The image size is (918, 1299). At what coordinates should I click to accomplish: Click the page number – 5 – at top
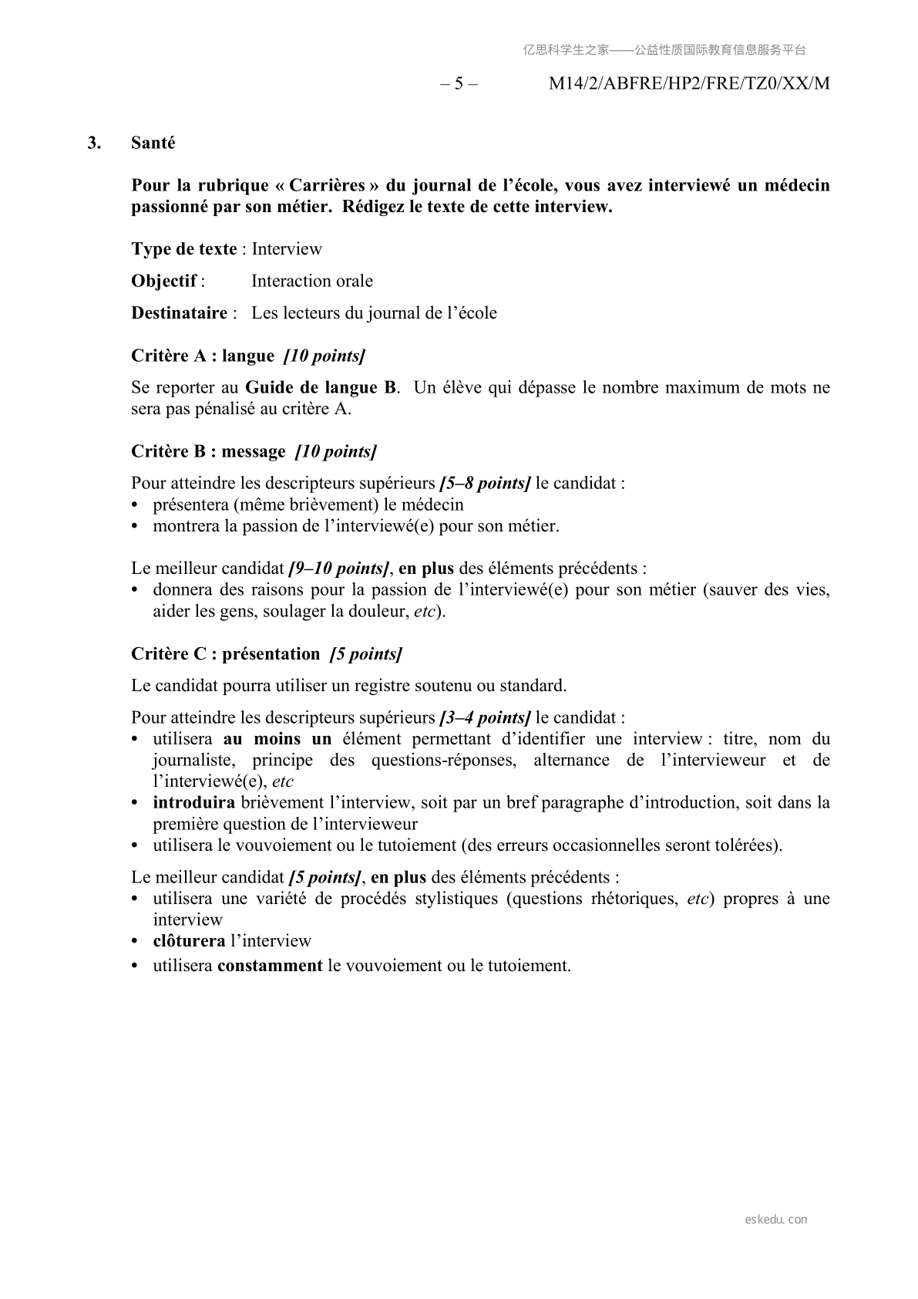459,83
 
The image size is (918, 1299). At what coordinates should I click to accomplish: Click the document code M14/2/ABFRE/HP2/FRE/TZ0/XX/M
688,83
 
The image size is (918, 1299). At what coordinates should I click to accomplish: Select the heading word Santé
153,143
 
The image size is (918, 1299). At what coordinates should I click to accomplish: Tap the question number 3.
94,143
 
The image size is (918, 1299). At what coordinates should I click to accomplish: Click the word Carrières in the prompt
327,185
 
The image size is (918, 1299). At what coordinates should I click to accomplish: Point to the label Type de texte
184,249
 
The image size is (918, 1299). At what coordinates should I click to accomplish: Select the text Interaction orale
311,281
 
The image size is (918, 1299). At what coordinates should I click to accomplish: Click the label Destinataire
179,313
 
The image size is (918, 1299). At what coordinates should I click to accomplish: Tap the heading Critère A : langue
203,356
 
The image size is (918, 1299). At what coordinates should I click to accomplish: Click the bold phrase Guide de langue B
320,387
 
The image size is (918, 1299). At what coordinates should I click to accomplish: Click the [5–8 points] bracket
484,484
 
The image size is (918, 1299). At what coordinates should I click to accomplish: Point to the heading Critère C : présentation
225,654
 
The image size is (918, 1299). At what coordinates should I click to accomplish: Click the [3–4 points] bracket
484,717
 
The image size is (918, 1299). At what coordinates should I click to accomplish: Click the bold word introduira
193,802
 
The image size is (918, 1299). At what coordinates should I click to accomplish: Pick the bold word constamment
270,966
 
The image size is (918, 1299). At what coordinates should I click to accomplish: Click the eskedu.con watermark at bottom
776,1220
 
